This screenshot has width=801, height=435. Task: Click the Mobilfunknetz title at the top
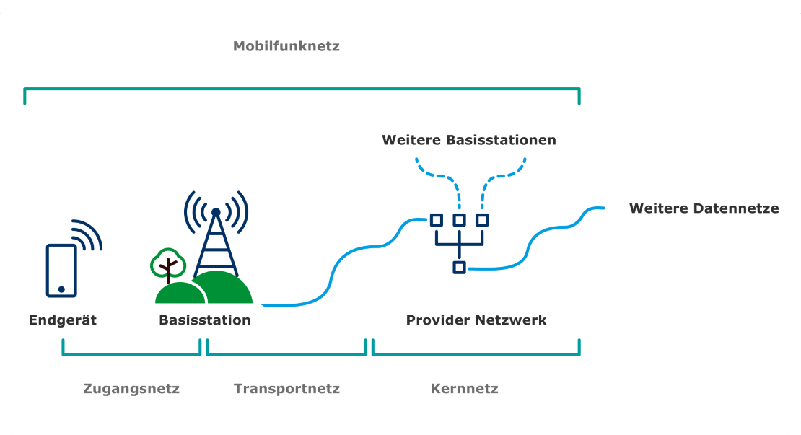click(x=286, y=47)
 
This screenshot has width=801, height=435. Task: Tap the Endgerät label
click(x=63, y=320)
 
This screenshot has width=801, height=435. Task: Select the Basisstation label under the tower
click(x=205, y=320)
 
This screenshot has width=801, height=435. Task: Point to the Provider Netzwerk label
click(x=476, y=320)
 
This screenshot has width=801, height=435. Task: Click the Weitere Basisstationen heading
click(x=469, y=140)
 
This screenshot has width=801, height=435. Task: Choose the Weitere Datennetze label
click(x=704, y=208)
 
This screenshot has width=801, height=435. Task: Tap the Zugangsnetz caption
click(x=131, y=389)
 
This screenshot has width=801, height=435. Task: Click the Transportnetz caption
click(x=286, y=389)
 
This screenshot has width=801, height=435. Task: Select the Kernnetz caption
click(x=465, y=389)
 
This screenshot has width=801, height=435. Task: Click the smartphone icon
click(x=61, y=271)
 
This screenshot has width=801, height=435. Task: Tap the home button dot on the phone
click(x=61, y=289)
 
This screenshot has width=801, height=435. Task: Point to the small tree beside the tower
click(x=167, y=265)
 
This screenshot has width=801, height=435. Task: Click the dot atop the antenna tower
click(x=215, y=212)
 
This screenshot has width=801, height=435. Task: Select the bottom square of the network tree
click(x=459, y=268)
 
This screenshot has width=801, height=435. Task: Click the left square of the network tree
click(x=437, y=220)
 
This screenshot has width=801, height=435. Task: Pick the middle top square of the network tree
click(x=459, y=220)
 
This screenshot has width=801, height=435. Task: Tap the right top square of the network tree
click(x=482, y=220)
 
